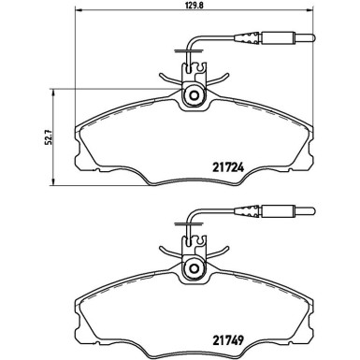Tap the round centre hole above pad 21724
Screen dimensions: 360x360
click(194, 94)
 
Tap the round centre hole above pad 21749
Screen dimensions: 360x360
click(194, 270)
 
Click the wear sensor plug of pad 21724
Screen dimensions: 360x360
click(281, 40)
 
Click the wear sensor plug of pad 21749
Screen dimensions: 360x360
click(281, 210)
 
